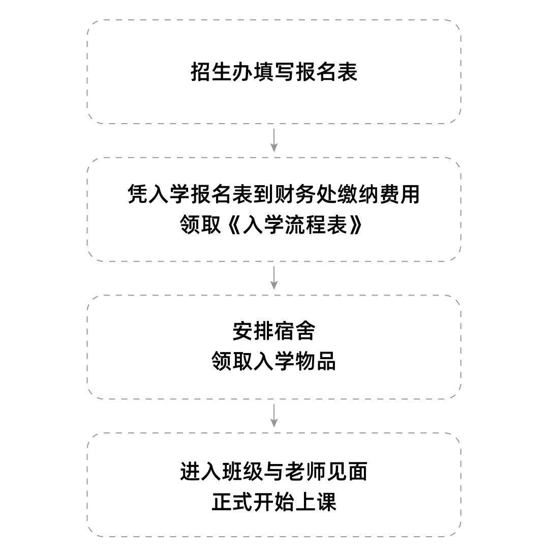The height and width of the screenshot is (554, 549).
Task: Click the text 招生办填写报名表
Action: (274, 72)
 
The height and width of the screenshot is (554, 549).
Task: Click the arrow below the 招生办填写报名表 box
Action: (274, 140)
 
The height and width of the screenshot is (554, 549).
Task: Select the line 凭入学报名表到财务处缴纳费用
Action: (274, 194)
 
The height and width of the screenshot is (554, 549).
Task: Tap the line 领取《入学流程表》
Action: (271, 224)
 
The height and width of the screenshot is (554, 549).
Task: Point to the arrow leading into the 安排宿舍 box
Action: (274, 278)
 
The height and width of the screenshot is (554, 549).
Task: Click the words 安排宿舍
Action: (274, 331)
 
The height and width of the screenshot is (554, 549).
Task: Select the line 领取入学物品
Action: (274, 361)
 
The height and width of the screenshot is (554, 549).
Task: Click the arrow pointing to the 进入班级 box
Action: (274, 416)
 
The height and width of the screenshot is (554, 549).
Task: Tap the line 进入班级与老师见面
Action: (274, 471)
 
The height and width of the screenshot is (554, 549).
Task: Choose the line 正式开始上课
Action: (274, 502)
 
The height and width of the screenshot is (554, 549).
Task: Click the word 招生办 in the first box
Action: (222, 72)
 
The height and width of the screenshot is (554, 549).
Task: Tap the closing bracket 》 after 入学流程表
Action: (355, 224)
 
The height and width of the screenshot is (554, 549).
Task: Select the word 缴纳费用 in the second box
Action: (379, 194)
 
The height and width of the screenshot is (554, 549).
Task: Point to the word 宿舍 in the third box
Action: (294, 331)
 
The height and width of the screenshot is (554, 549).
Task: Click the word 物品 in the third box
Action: (315, 361)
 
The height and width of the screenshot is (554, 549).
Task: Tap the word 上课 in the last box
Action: (315, 502)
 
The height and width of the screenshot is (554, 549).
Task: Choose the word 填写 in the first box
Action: (274, 72)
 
